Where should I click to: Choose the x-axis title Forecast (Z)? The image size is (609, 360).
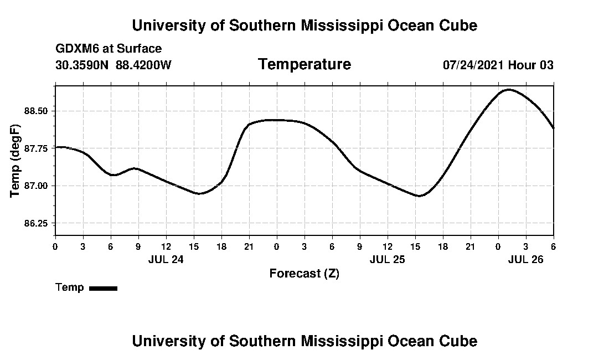coord(304,273)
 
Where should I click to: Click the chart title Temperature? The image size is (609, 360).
coord(304,64)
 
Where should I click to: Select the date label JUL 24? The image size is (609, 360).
coord(166,259)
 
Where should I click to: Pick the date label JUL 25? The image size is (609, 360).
coord(387,259)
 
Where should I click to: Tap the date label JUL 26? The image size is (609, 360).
coord(525,259)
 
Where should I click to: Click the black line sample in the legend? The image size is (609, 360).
coord(103,288)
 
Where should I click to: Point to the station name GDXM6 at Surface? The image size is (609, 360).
coord(109,49)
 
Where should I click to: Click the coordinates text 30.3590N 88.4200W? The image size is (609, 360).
coord(113,65)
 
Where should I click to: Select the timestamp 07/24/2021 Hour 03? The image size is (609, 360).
coord(498,65)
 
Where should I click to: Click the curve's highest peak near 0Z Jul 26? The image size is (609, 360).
coord(509,89)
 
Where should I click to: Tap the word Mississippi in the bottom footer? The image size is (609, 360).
coord(334,341)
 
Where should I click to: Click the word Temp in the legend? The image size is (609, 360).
coord(70,287)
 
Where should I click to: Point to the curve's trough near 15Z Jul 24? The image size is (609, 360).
coord(199,193)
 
